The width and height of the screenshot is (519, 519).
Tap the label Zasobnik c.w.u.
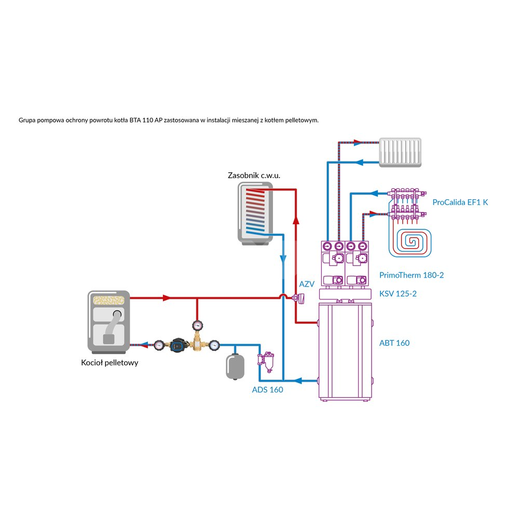[x=254, y=175]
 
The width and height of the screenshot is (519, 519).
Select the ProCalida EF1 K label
[x=460, y=202]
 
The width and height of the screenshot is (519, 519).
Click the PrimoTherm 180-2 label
[x=412, y=275]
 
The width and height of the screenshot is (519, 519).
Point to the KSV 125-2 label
[x=398, y=294]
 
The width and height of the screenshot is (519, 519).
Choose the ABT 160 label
[x=394, y=343]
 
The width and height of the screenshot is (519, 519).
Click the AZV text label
[x=307, y=284]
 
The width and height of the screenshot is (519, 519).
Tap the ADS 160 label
[x=267, y=390]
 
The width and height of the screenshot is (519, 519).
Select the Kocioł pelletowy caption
[x=110, y=363]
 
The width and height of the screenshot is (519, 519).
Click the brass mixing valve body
[x=197, y=343]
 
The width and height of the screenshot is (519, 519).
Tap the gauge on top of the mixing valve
[x=197, y=325]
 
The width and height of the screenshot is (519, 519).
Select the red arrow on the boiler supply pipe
[x=166, y=298]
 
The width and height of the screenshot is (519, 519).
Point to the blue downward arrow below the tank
[x=283, y=258]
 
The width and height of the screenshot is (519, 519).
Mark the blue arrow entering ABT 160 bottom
[x=294, y=380]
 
